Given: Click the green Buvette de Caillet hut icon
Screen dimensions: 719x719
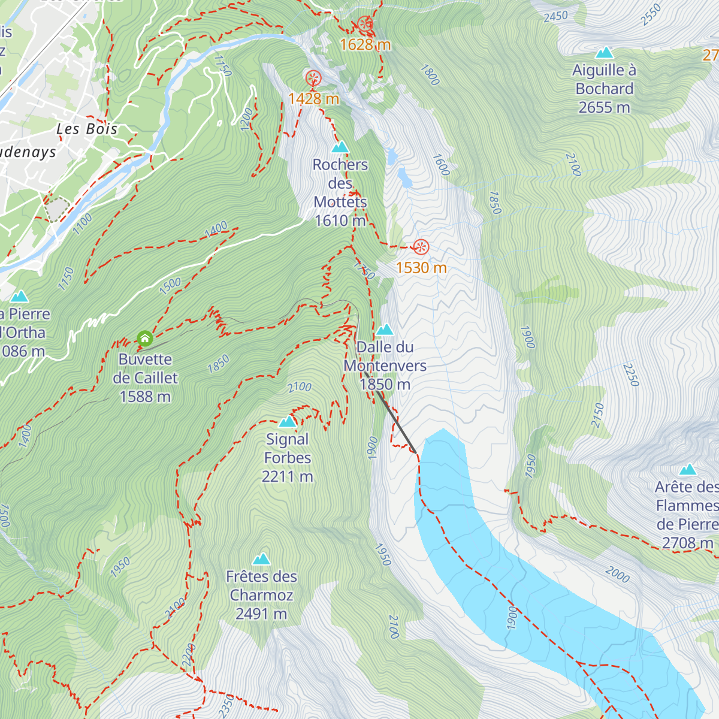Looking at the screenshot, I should click(x=144, y=339).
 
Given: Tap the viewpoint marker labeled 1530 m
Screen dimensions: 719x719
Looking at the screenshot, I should click(x=421, y=247).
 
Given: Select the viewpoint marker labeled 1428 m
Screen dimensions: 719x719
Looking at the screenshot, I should click(x=313, y=78).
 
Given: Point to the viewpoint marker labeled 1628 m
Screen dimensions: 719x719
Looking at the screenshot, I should click(x=365, y=25).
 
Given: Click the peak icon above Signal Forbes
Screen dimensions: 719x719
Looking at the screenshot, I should click(x=288, y=421).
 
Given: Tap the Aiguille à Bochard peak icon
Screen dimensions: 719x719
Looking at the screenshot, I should click(x=604, y=53).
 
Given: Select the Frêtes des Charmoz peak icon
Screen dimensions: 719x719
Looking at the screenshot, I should click(x=261, y=559).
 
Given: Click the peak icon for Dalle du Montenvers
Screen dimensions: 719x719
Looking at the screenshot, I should click(x=385, y=330).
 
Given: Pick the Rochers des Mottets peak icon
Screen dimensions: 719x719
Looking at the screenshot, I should click(x=340, y=147).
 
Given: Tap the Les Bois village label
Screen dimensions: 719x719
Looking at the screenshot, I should click(x=87, y=129).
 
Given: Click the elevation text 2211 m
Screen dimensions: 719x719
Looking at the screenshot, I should click(x=288, y=476).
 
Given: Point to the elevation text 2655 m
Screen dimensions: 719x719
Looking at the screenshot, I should click(x=604, y=107).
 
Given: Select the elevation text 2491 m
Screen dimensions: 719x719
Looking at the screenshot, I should click(x=261, y=614).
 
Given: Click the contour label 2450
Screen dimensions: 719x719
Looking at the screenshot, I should click(x=555, y=17).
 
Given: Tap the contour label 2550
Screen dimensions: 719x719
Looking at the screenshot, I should click(x=651, y=14).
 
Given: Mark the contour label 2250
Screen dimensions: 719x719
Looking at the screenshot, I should click(x=632, y=374).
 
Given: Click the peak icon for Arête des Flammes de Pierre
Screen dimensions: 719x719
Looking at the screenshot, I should click(x=688, y=469).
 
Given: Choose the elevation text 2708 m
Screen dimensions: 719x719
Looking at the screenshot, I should click(x=687, y=543).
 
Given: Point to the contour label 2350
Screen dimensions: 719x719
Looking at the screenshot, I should click(x=226, y=706).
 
